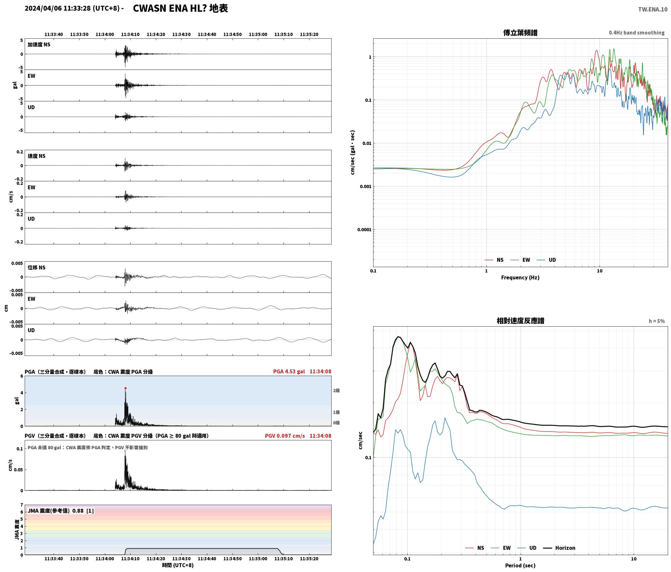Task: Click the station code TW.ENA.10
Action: (x=653, y=9)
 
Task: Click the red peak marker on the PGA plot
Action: (x=125, y=388)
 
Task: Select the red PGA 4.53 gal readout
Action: (x=289, y=371)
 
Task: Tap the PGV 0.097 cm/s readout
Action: (x=285, y=436)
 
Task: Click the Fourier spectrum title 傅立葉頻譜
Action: (x=520, y=32)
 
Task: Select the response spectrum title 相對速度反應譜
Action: (x=520, y=321)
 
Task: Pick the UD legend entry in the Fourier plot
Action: (x=546, y=260)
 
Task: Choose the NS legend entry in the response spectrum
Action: (x=475, y=548)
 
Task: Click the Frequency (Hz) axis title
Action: (x=520, y=278)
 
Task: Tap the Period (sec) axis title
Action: (x=520, y=565)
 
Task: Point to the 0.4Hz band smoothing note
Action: (x=637, y=32)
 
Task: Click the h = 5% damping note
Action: (x=657, y=321)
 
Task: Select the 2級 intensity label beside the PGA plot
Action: (x=336, y=390)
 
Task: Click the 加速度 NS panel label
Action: (x=39, y=45)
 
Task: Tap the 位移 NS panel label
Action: (x=36, y=267)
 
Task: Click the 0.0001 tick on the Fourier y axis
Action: (x=364, y=230)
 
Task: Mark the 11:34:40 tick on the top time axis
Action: (x=207, y=34)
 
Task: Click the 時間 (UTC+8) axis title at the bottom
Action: (x=178, y=565)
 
